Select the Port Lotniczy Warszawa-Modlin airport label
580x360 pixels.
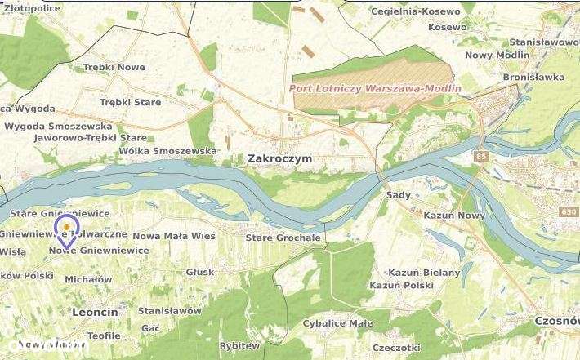click(x=375, y=88)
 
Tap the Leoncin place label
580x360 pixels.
click(x=95, y=312)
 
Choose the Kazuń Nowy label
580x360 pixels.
click(x=454, y=215)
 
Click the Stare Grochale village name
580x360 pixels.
click(x=283, y=238)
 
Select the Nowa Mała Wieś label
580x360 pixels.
click(x=173, y=236)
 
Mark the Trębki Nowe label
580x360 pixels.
click(x=114, y=67)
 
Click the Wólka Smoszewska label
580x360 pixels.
click(x=167, y=151)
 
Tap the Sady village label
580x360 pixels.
click(x=398, y=196)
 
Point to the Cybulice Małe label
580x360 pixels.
click(x=337, y=323)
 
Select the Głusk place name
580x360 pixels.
click(x=200, y=272)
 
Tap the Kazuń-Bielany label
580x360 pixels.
click(x=426, y=272)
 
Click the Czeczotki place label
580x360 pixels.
click(x=395, y=348)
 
